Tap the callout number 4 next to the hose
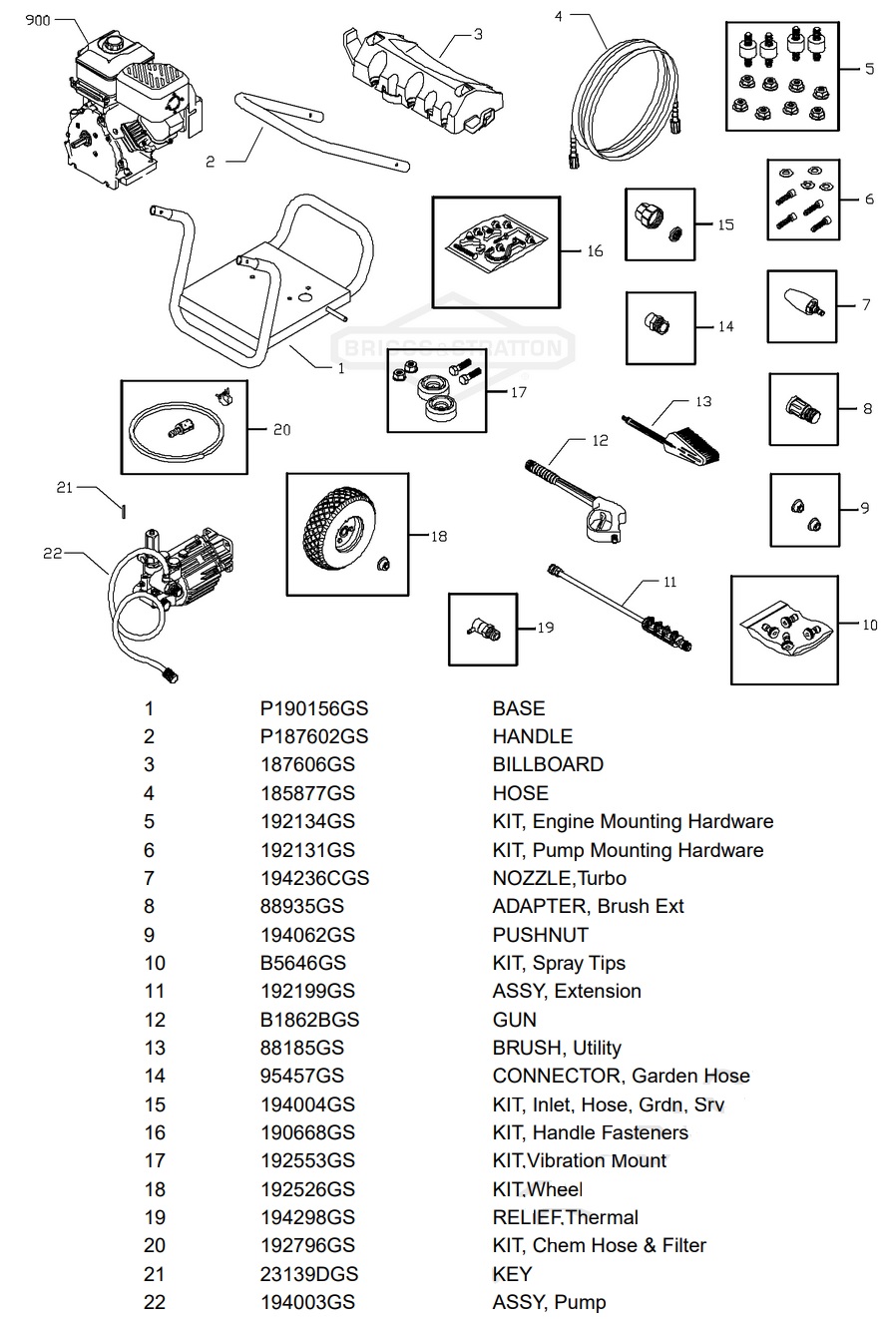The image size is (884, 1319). [558, 16]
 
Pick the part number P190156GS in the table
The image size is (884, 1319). [313, 708]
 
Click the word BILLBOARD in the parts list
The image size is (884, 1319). [548, 764]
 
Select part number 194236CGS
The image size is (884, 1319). [314, 878]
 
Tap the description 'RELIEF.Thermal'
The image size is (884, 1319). [565, 1217]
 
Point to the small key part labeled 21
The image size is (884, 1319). [122, 510]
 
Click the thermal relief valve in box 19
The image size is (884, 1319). [485, 630]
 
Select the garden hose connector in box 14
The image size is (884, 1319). [659, 323]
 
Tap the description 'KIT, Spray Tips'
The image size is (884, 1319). [559, 963]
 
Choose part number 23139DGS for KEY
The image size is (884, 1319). [308, 1274]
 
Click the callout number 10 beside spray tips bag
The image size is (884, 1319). [869, 625]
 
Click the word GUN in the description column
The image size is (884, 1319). [514, 1020]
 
